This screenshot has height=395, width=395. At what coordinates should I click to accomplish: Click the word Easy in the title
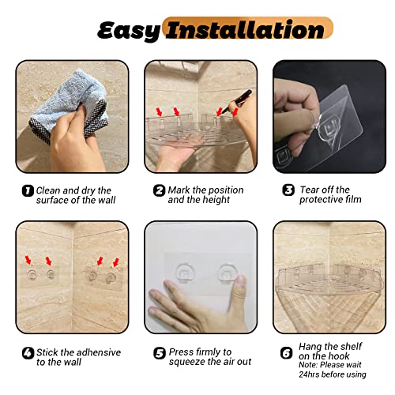(x=129, y=31)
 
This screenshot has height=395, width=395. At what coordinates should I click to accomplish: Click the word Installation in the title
(x=245, y=29)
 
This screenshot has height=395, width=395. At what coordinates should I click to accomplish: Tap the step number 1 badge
(x=28, y=190)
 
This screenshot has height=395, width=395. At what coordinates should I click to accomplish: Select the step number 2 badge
(x=159, y=190)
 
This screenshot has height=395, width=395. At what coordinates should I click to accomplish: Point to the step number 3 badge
(x=288, y=190)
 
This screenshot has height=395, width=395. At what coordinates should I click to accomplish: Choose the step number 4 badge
(x=28, y=353)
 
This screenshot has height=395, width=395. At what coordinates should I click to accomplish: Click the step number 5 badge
(x=160, y=353)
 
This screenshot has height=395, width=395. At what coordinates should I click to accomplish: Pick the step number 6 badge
(x=286, y=353)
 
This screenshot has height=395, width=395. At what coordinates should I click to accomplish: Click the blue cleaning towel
(x=69, y=105)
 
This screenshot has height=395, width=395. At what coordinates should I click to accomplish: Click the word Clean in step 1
(x=48, y=190)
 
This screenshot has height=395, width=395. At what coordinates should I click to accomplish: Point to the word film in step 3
(x=353, y=200)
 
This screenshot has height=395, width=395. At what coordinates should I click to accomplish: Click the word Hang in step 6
(x=310, y=347)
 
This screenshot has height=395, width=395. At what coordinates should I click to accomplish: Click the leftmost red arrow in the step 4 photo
(x=28, y=260)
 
